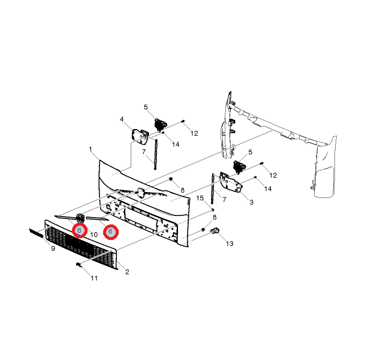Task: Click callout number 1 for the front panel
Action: (x=90, y=149)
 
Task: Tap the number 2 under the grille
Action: (x=127, y=272)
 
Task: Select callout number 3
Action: (x=251, y=202)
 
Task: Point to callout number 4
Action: (x=122, y=119)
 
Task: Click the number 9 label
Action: (x=53, y=248)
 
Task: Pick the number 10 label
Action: (x=93, y=234)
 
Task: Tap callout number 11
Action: (x=94, y=278)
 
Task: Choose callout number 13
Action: (x=230, y=244)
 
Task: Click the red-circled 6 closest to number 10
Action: (x=79, y=230)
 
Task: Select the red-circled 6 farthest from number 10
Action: (x=111, y=231)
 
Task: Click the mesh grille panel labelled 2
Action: (x=81, y=246)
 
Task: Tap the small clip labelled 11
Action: (x=79, y=265)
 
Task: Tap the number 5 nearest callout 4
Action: (x=145, y=107)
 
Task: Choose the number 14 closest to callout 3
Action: (x=268, y=189)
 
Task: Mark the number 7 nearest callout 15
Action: (x=224, y=199)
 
